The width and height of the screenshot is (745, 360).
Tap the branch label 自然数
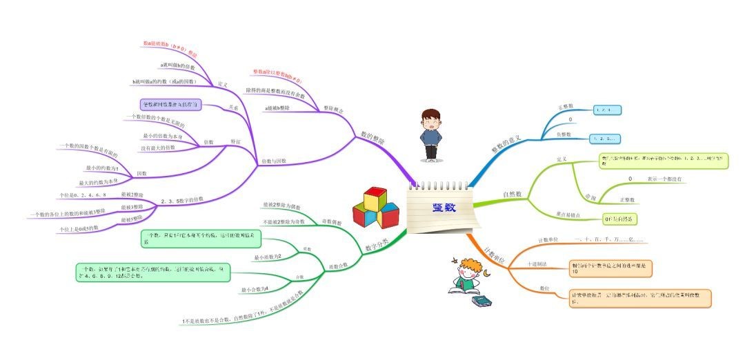pyautogui.click(x=512, y=194)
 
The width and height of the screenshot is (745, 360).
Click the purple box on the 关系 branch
pyautogui.click(x=170, y=105)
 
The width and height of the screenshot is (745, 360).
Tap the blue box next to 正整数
pyautogui.click(x=608, y=109)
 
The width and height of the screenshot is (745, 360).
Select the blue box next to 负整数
pyautogui.click(x=606, y=139)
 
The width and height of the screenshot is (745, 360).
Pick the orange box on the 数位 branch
pyautogui.click(x=639, y=298)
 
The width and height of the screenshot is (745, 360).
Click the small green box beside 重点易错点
pyautogui.click(x=618, y=219)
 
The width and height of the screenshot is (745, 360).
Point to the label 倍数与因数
pyautogui.click(x=274, y=161)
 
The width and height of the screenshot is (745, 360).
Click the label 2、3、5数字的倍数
pyautogui.click(x=182, y=201)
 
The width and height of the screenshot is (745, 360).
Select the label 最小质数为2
pyautogui.click(x=268, y=257)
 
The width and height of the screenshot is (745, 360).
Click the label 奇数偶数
pyautogui.click(x=333, y=222)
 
